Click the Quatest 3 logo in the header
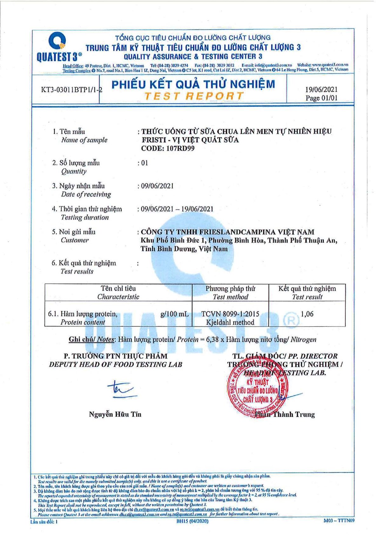click(58, 48)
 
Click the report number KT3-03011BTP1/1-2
click(71, 90)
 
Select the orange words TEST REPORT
click(194, 96)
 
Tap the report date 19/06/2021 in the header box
click(321, 90)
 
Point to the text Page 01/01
click(321, 98)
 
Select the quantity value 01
click(145, 163)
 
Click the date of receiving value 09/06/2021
click(157, 186)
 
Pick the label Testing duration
click(85, 218)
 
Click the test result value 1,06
click(307, 314)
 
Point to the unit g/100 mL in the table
click(174, 314)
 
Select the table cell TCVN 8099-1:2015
click(230, 314)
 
